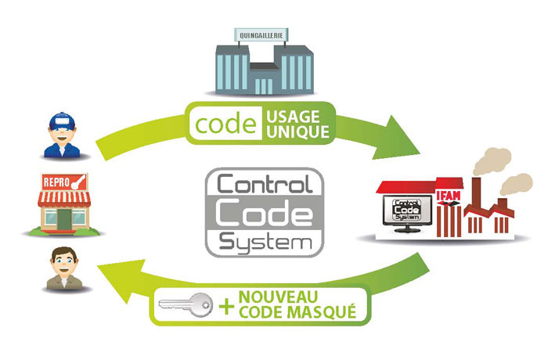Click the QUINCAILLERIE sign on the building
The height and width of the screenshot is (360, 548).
(x=261, y=35)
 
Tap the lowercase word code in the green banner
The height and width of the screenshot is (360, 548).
(x=225, y=124)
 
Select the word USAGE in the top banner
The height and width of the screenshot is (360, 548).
(x=294, y=117)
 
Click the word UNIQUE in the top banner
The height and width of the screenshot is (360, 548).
(x=298, y=131)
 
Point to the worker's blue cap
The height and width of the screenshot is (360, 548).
(x=62, y=121)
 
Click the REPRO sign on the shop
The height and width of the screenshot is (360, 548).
(x=65, y=182)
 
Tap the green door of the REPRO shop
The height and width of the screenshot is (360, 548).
(x=64, y=219)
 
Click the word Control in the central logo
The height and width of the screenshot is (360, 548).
(x=265, y=184)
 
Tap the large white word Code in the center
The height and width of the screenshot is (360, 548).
(x=265, y=213)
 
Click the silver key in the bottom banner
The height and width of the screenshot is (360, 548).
(x=186, y=304)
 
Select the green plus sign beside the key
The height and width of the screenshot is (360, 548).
(x=226, y=307)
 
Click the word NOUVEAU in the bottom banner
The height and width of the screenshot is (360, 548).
(x=278, y=297)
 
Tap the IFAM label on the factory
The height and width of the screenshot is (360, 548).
(x=449, y=196)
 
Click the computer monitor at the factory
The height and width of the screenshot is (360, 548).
(x=407, y=213)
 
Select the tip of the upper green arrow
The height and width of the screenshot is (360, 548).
(x=420, y=153)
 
